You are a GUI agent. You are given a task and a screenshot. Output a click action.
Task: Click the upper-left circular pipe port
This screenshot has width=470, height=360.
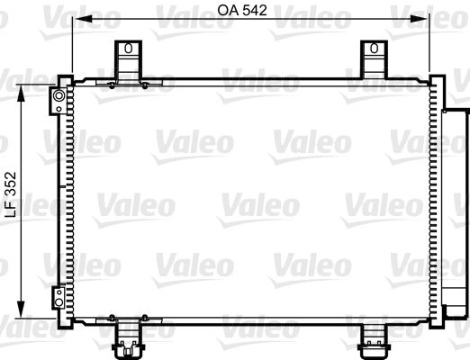coord(59,95)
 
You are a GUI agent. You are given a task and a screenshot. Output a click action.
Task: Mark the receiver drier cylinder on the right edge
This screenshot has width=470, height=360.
coord(455,207)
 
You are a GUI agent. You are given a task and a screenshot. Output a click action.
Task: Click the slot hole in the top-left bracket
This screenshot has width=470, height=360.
coord(128,53)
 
